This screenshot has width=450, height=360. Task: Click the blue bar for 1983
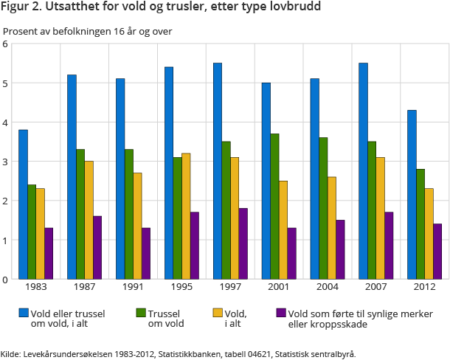[23, 204]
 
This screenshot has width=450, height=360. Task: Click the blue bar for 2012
[412, 195]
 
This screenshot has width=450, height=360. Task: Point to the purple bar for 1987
[97, 247]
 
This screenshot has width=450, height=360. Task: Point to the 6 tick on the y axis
[5, 44]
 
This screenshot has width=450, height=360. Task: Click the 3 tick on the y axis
[5, 162]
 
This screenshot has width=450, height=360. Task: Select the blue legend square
[23, 314]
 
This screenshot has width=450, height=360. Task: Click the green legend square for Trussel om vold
[140, 314]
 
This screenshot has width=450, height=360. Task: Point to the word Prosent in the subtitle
[20, 31]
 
